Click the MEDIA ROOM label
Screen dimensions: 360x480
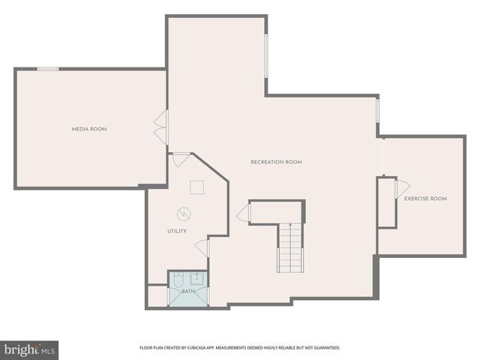(x=88, y=129)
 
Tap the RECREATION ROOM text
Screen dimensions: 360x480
(x=276, y=162)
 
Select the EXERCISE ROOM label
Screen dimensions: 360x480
(x=425, y=199)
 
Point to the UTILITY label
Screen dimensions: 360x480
(x=177, y=231)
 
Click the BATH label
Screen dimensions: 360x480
(x=187, y=290)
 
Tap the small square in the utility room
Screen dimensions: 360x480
(x=197, y=187)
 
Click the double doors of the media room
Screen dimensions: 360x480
(x=160, y=125)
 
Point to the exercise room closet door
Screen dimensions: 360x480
(x=403, y=187)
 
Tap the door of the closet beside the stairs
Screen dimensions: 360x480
(x=243, y=214)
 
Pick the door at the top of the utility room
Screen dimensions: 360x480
(x=181, y=160)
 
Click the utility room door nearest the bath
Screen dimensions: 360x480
(x=201, y=248)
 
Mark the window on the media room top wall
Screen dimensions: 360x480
(x=48, y=69)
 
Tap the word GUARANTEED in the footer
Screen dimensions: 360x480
(x=325, y=348)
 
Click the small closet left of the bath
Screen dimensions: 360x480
(x=157, y=295)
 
